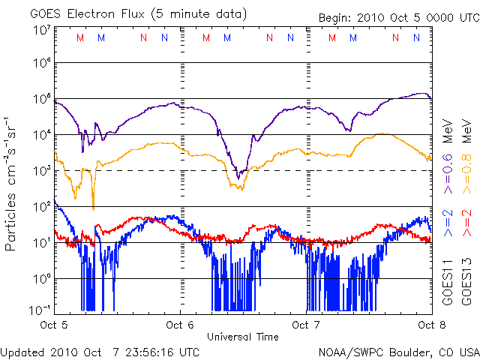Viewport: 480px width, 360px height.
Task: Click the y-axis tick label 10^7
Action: click(41, 30)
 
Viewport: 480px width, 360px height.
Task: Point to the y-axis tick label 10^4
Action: click(41, 135)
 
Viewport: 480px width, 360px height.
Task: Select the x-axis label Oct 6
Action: click(180, 325)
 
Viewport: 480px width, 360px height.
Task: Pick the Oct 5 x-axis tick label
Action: click(55, 325)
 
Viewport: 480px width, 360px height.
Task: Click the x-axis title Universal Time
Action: click(243, 337)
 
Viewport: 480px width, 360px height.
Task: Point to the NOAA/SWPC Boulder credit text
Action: click(398, 351)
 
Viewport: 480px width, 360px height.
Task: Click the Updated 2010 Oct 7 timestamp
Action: click(100, 351)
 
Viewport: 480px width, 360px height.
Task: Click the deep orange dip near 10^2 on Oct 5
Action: click(93, 206)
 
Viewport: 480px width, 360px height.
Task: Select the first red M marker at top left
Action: click(81, 37)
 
